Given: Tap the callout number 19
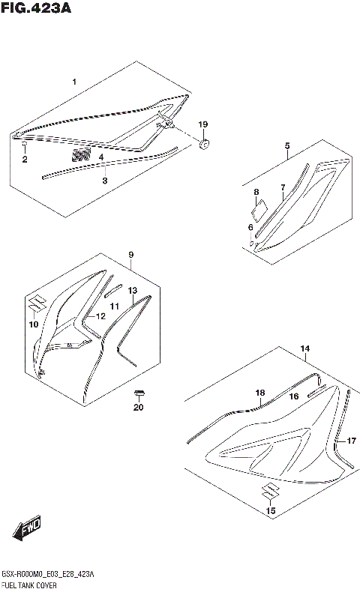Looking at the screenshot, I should pos(202,124).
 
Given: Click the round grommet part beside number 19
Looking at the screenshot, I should pos(204,142).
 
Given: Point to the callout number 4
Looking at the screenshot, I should pos(101,157).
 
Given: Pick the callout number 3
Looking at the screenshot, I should pos(104,181).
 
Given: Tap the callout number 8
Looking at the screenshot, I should pos(256,193).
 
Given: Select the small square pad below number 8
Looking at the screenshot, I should pos(257,212).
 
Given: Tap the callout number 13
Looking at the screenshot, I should pos(132,290).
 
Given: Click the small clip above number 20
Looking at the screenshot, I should pos(138,393).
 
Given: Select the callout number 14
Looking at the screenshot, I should pos(304,348).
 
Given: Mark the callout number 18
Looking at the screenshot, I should pos(259,393).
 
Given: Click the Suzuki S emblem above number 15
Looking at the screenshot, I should pos(268,492).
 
